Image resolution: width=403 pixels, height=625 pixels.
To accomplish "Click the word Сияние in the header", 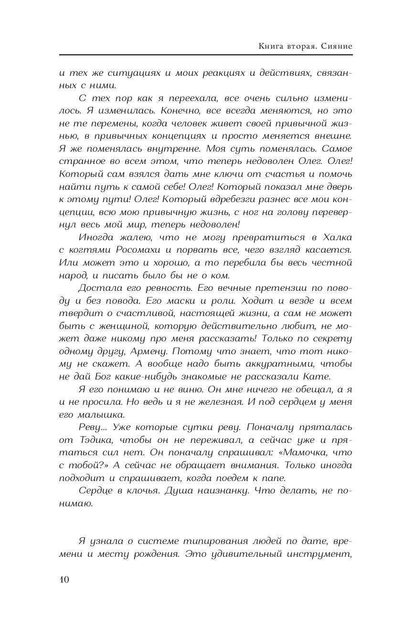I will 337,46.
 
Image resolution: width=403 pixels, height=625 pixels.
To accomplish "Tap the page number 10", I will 64,580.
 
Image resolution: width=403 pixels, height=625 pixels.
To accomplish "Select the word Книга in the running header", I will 270,46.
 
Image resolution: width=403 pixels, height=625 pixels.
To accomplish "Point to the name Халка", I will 337,237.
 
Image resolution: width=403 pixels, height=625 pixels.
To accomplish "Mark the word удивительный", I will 237,554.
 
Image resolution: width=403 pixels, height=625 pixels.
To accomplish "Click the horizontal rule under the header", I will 206,55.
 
